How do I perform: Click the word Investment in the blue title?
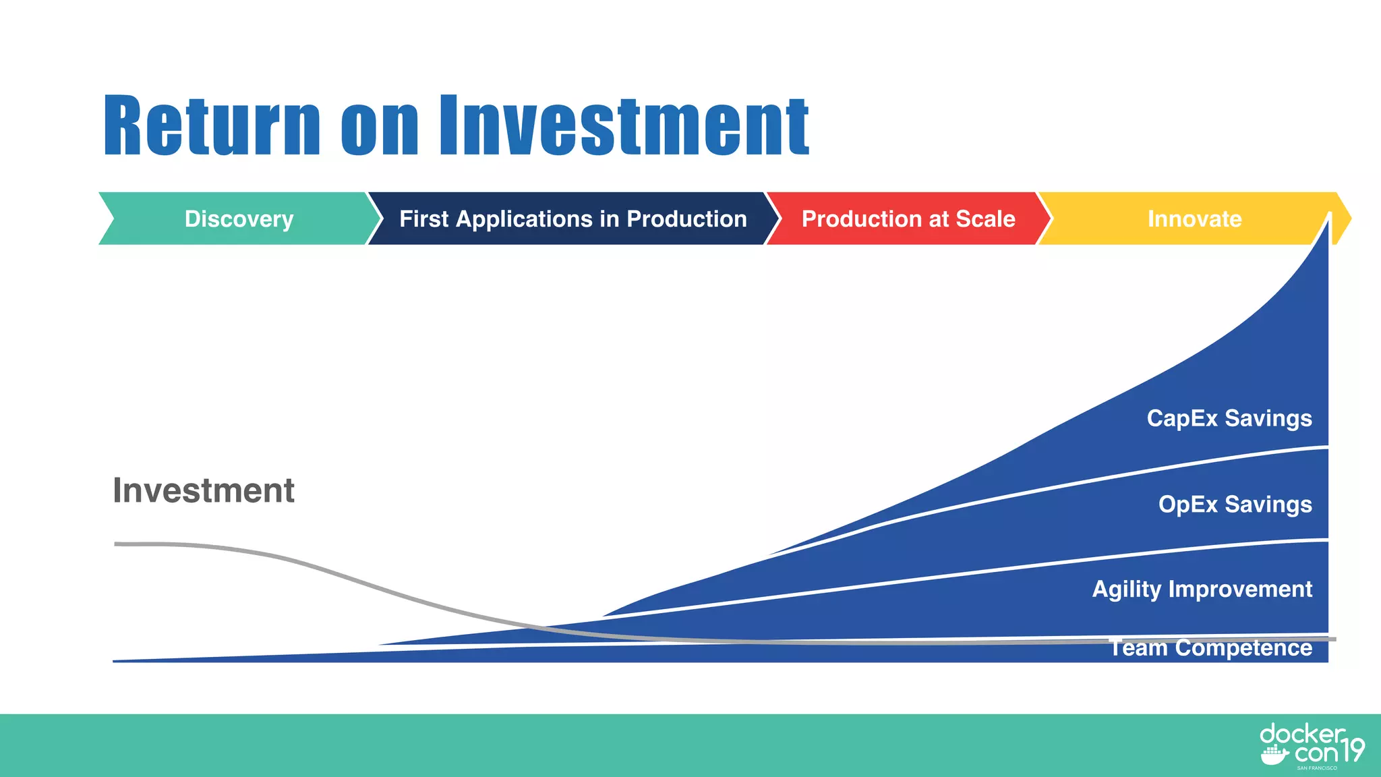pyautogui.click(x=624, y=126)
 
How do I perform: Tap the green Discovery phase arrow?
pyautogui.click(x=239, y=219)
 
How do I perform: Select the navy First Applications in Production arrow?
pyautogui.click(x=572, y=219)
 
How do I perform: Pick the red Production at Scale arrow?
pyautogui.click(x=908, y=219)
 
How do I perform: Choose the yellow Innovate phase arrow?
pyautogui.click(x=1194, y=219)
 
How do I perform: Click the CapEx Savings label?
pyautogui.click(x=1229, y=418)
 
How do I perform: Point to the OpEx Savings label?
pyautogui.click(x=1235, y=505)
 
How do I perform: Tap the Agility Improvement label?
pyautogui.click(x=1202, y=589)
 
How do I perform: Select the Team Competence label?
pyautogui.click(x=1211, y=648)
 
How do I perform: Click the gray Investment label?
pyautogui.click(x=203, y=490)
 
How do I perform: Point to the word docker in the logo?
pyautogui.click(x=1301, y=734)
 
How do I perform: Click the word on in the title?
pyautogui.click(x=380, y=126)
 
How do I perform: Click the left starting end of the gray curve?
pyautogui.click(x=117, y=544)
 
